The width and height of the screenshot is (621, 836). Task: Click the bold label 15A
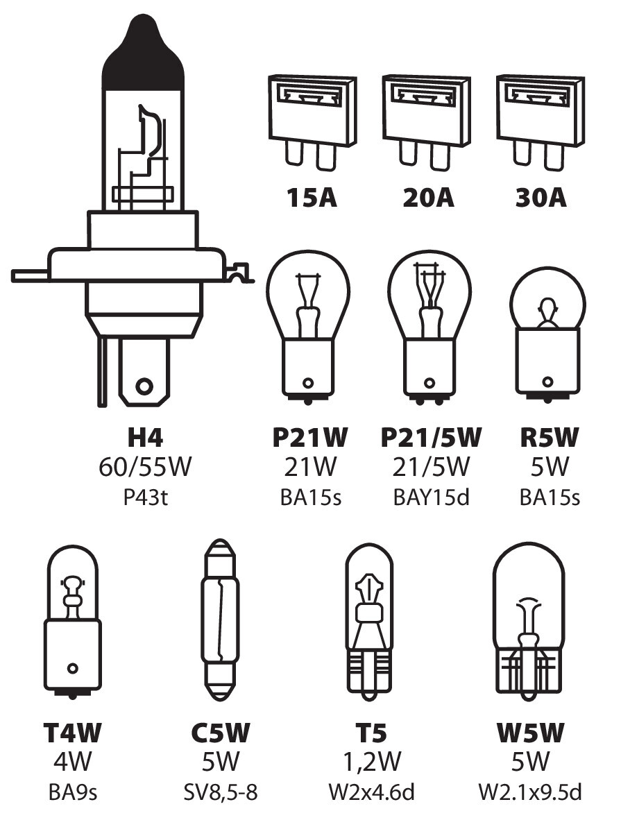coord(312,198)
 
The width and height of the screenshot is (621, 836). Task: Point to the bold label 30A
coord(541,198)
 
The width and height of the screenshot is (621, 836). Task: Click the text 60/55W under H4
coord(145,468)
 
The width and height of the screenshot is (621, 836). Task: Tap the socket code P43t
coord(145,497)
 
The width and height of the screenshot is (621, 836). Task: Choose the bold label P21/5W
coord(430,438)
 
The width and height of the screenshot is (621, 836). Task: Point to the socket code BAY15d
coord(430,497)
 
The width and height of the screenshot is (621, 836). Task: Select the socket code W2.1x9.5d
coord(529,792)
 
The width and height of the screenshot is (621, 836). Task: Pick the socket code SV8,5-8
coord(220,792)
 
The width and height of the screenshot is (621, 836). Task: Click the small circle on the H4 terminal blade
coord(144,385)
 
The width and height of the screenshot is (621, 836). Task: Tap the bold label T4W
coord(72,733)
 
